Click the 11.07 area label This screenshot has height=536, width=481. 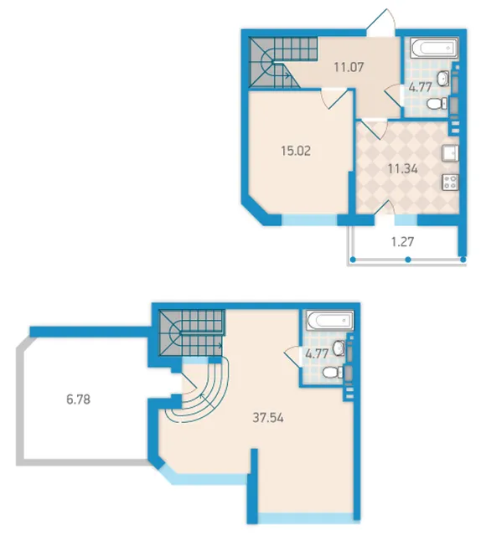click(349, 67)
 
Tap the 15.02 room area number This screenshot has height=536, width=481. click(296, 151)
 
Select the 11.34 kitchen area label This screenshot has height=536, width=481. click(403, 169)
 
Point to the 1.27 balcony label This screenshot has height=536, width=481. click(403, 242)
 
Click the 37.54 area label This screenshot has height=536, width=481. click(268, 418)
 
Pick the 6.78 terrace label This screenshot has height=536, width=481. click(78, 399)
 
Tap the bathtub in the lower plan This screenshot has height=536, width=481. click(330, 320)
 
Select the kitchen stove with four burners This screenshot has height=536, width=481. click(450, 182)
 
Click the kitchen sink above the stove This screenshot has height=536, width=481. click(450, 152)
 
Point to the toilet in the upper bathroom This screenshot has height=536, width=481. click(437, 103)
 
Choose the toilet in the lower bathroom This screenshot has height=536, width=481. click(333, 372)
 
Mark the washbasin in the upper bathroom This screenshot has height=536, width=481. click(443, 78)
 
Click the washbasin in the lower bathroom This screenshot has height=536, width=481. click(339, 348)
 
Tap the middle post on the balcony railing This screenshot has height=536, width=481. click(408, 260)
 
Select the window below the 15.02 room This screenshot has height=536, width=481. click(309, 219)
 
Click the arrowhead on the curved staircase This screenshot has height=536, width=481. click(202, 396)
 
